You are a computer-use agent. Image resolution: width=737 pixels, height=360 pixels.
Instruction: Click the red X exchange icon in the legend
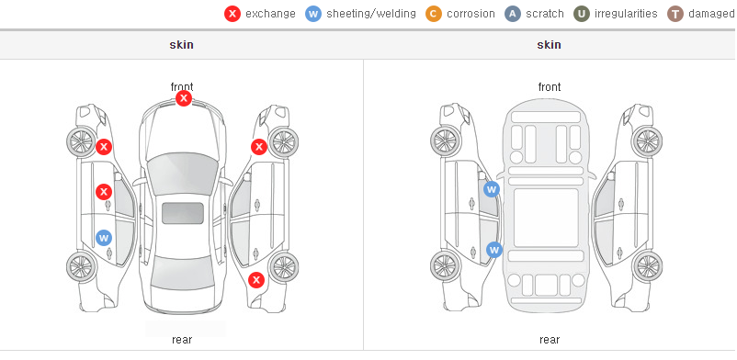tap(232, 14)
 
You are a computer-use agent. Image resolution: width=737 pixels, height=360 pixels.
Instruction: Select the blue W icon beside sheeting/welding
tap(313, 14)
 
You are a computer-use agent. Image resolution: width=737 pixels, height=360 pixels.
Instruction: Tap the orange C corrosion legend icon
tap(434, 14)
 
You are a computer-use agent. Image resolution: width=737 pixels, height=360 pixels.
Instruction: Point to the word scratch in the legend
tap(545, 14)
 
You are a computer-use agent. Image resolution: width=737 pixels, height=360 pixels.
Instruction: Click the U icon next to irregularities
tap(582, 14)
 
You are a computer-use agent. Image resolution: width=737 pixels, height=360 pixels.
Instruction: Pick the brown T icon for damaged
tap(675, 14)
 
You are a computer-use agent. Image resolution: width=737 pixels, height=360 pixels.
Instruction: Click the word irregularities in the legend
tap(626, 14)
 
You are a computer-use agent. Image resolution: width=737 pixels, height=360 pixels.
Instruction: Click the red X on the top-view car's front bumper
tap(184, 98)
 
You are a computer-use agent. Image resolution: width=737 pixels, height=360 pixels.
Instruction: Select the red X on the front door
tap(104, 192)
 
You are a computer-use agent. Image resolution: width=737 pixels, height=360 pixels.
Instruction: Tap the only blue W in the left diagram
tap(104, 237)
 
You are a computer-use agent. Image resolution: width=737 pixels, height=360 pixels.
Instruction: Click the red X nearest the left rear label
tap(256, 281)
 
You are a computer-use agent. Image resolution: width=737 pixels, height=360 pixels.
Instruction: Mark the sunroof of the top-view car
tap(183, 213)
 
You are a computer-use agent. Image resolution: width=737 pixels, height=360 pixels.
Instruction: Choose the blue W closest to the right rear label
tap(494, 250)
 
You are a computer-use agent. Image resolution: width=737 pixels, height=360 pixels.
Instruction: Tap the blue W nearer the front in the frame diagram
tap(491, 189)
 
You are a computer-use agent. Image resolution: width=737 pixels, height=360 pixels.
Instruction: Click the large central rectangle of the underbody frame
tap(546, 218)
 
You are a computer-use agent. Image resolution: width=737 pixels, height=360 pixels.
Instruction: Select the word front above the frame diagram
tap(550, 87)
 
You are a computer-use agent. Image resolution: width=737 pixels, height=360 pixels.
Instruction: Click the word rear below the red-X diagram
tap(182, 340)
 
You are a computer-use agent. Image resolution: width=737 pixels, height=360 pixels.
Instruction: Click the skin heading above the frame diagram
tap(549, 45)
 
